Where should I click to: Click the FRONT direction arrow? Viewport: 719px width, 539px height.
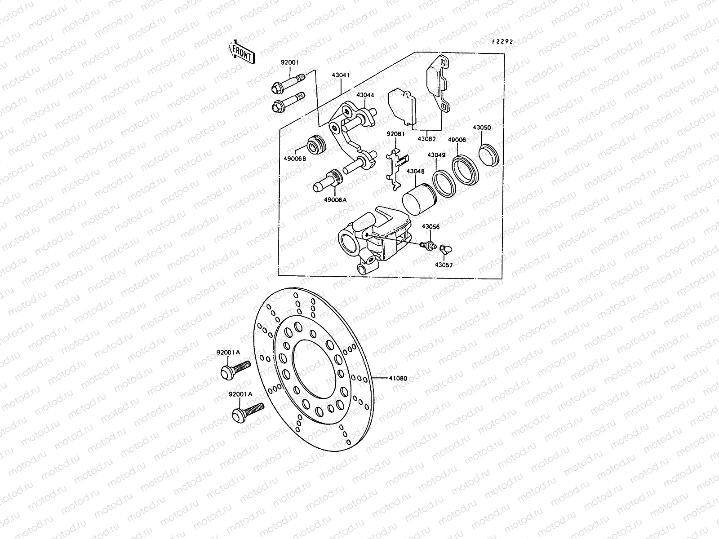(x=242, y=52)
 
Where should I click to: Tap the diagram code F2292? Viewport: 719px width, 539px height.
(x=502, y=41)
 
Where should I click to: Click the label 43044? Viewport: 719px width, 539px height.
(x=365, y=95)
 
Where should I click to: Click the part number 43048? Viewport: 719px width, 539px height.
(x=415, y=171)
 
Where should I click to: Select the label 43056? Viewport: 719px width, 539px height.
(x=430, y=227)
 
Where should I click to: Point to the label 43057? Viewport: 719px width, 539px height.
(x=444, y=265)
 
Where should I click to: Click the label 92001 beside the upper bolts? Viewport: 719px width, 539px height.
(x=289, y=62)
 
